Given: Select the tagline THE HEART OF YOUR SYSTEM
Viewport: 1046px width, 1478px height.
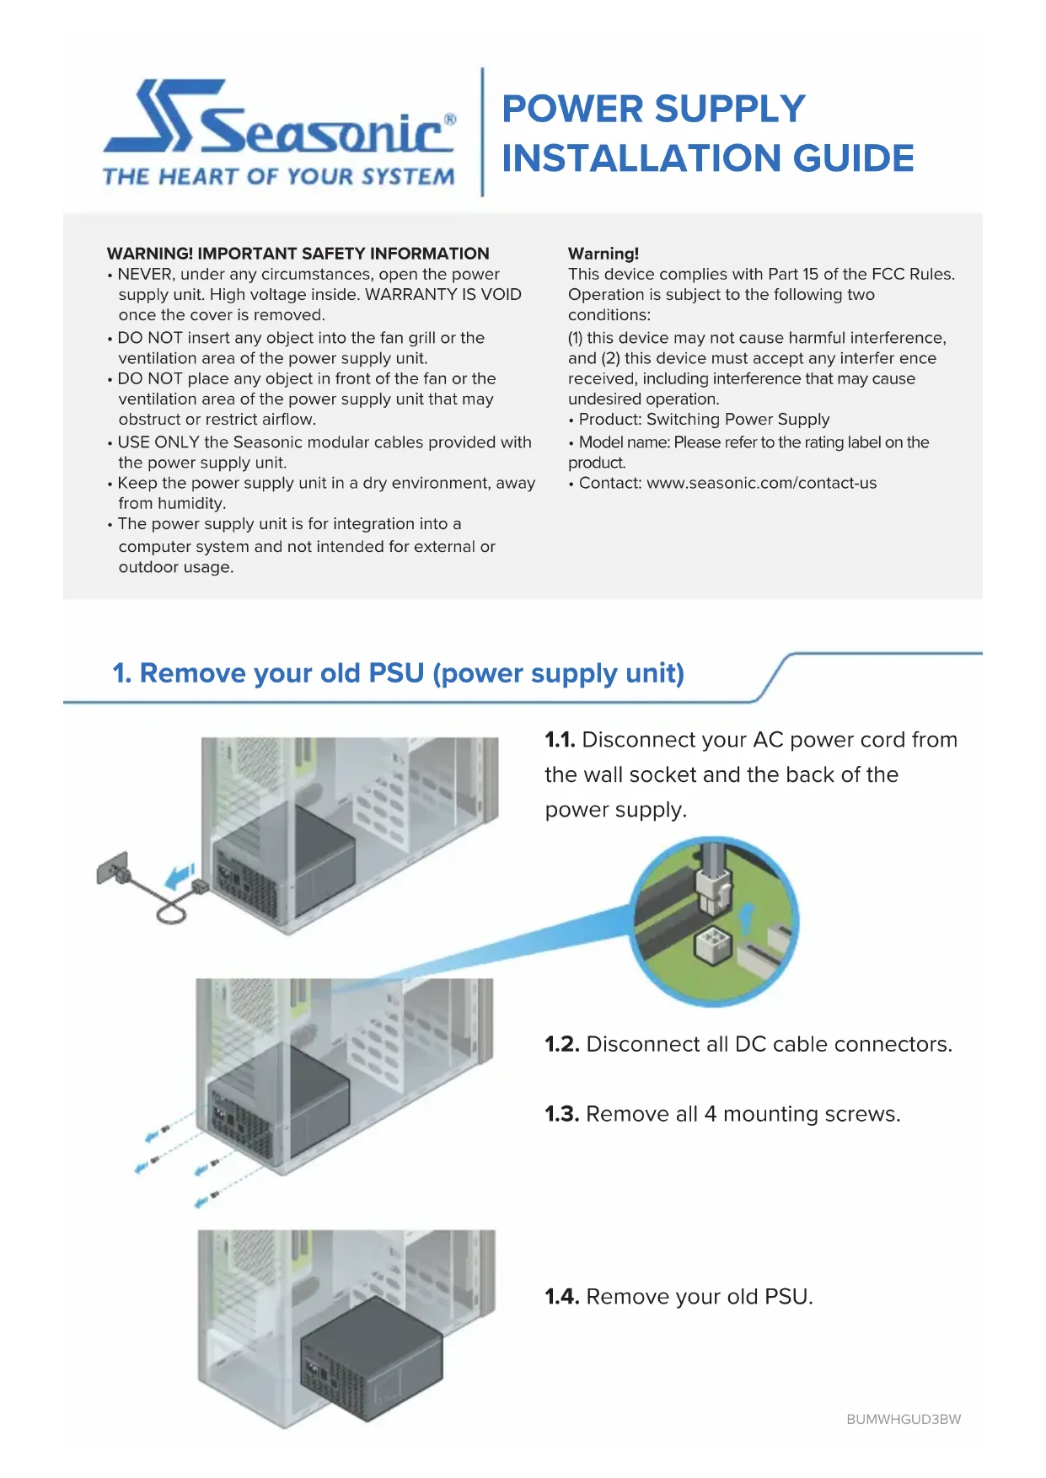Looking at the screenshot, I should [278, 176].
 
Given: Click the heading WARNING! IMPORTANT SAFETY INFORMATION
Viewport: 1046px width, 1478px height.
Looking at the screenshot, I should [298, 254].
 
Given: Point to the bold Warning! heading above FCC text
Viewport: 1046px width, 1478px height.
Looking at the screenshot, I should [603, 254].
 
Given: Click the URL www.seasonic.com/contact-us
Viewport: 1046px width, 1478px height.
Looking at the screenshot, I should [761, 484].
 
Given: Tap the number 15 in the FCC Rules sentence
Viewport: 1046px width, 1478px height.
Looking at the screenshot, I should [810, 275].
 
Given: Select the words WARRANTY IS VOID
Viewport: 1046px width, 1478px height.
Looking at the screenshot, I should [443, 295].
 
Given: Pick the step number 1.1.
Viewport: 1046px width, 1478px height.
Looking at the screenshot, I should [560, 740].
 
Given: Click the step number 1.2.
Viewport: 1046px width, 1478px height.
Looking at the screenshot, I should [561, 1045].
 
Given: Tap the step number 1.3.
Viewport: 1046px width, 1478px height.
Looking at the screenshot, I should [561, 1115].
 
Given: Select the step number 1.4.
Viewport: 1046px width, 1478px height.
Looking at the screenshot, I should [561, 1297].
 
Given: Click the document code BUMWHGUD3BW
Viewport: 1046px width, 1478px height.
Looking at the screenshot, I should [904, 1420].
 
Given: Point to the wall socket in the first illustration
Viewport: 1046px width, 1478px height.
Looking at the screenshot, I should [111, 868].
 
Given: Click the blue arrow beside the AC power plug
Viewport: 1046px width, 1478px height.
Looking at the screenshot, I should [180, 877].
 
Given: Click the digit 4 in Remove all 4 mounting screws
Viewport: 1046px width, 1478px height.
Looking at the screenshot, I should [710, 1115].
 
